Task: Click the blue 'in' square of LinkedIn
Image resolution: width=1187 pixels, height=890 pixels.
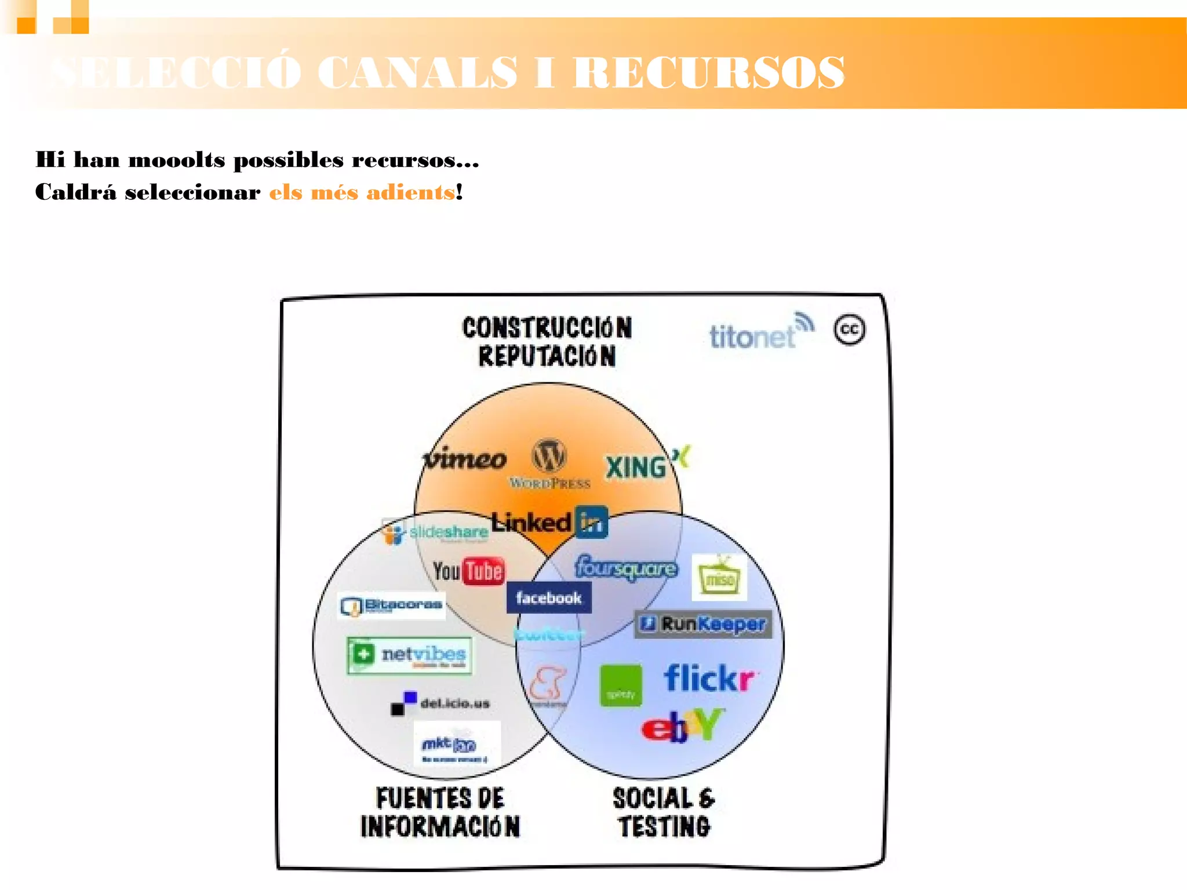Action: [x=592, y=522]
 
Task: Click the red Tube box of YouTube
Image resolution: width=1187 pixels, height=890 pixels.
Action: [x=484, y=571]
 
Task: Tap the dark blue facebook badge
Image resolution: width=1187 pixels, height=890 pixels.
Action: [x=548, y=597]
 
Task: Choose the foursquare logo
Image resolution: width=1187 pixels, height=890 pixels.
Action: [x=626, y=568]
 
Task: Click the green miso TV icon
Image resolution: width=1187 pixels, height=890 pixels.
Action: [x=719, y=578]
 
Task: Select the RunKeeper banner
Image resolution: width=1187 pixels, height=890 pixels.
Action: [x=703, y=624]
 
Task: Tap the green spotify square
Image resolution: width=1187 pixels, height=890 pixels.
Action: [x=621, y=685]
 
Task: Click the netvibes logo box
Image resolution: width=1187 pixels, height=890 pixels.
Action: [x=410, y=655]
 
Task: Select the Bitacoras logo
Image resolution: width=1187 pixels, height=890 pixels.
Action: [x=391, y=606]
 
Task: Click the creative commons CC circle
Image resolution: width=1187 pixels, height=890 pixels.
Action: [x=849, y=330]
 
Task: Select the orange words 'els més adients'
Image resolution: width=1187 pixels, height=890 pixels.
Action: [x=362, y=192]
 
